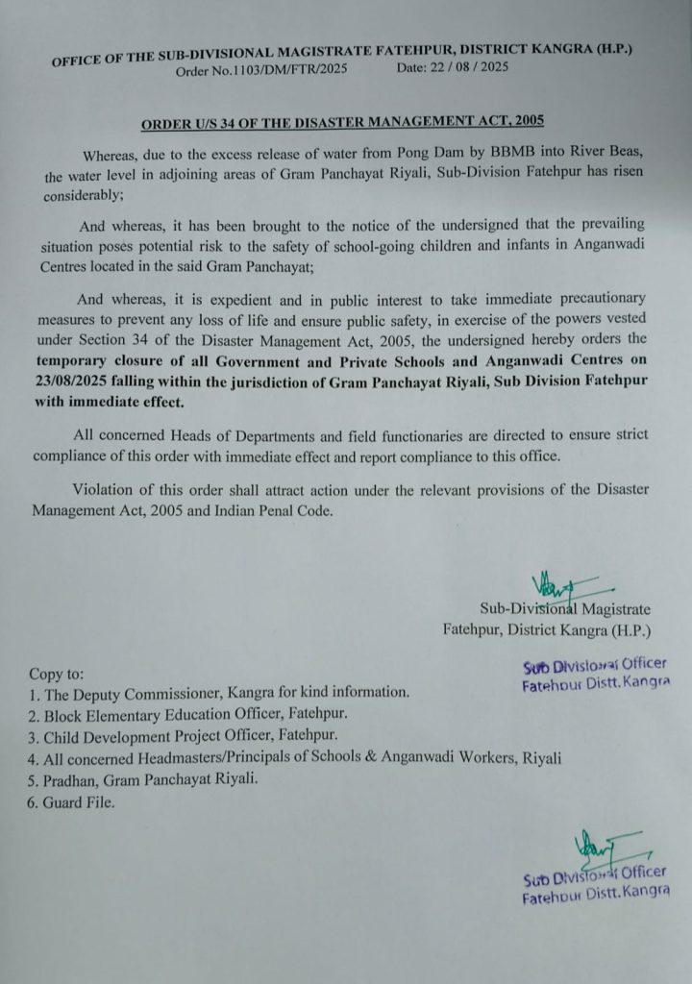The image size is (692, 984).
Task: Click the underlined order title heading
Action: click(343, 123)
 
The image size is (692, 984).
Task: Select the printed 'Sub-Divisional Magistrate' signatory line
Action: click(565, 609)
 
